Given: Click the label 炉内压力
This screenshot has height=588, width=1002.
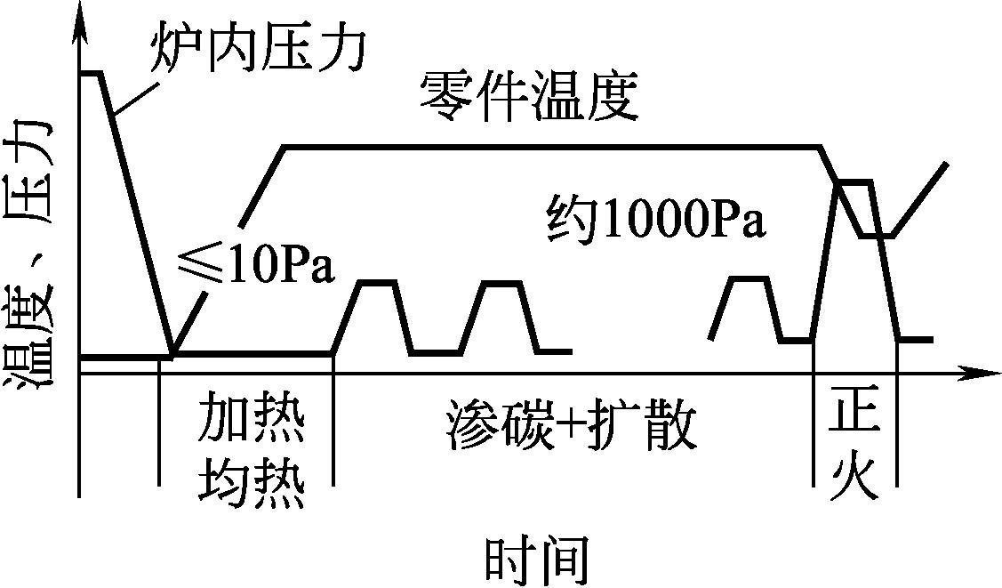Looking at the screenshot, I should pyautogui.click(x=258, y=50).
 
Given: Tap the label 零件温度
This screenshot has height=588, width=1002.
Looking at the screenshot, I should pyautogui.click(x=530, y=97).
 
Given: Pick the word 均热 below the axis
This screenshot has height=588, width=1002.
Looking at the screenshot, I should pyautogui.click(x=252, y=481).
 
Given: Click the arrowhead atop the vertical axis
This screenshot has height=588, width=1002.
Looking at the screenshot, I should pyautogui.click(x=80, y=25).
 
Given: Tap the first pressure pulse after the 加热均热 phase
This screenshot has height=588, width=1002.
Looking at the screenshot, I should pyautogui.click(x=376, y=283).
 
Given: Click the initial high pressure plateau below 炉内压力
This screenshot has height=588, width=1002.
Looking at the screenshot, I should pyautogui.click(x=92, y=72).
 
